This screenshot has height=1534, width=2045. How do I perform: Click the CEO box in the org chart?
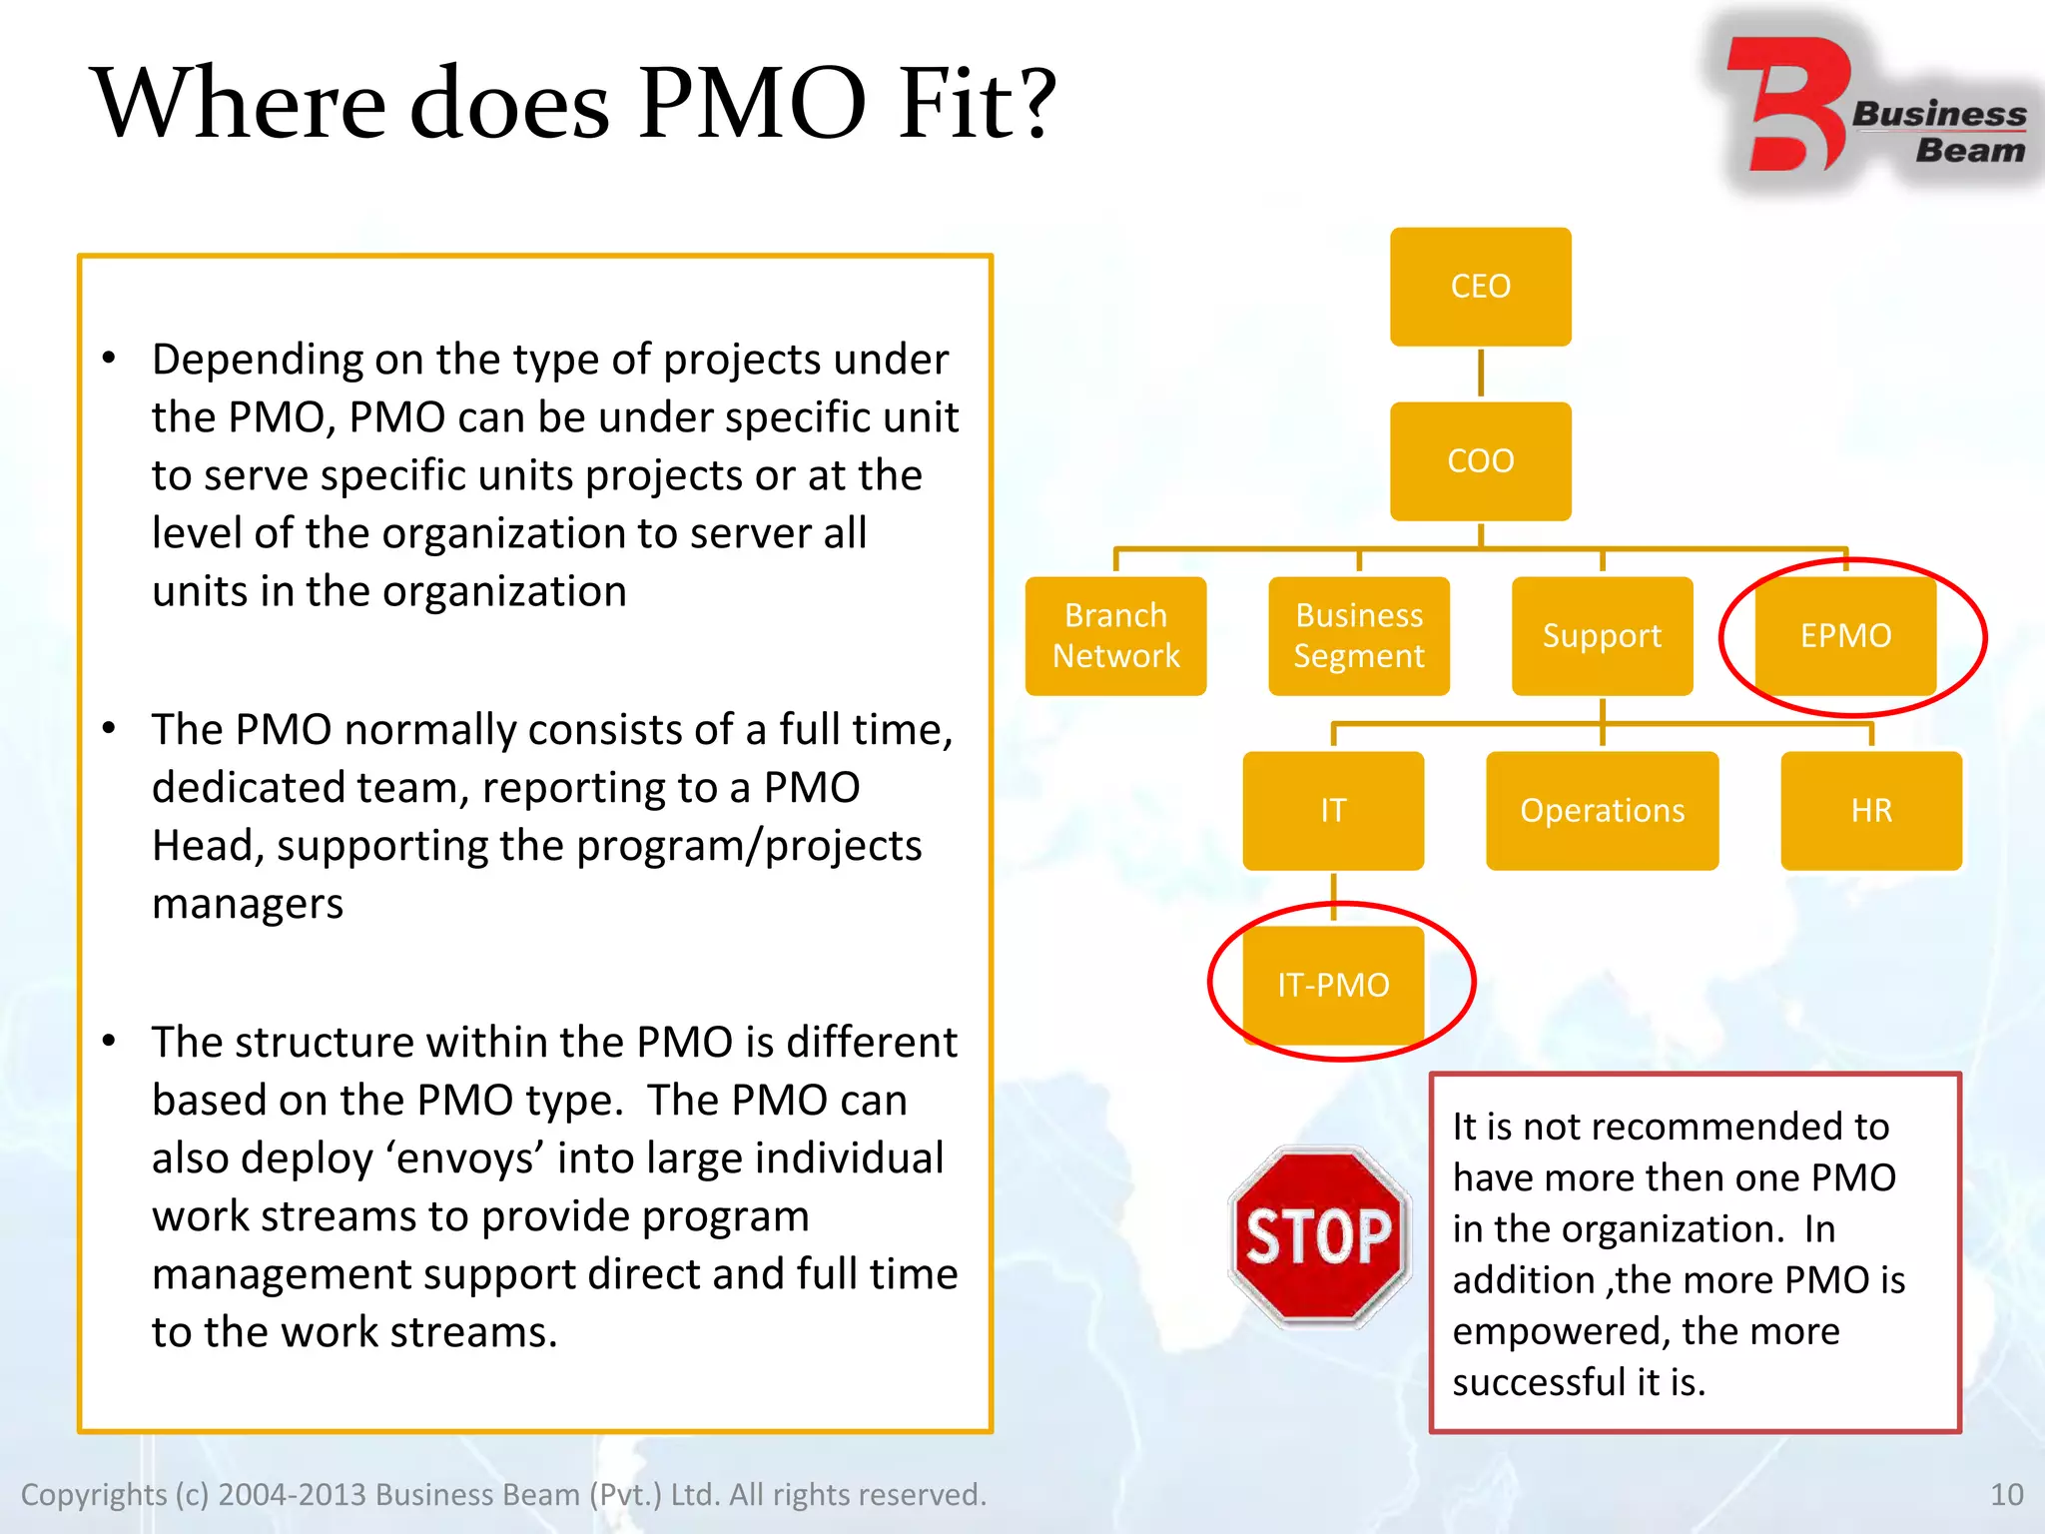pyautogui.click(x=1480, y=287)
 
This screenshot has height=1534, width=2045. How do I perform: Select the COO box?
pyautogui.click(x=1480, y=461)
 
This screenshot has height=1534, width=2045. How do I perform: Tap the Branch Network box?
pyautogui.click(x=1115, y=636)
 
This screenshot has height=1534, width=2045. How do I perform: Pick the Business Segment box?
pyautogui.click(x=1358, y=636)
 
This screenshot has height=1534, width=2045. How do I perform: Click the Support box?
pyautogui.click(x=1602, y=636)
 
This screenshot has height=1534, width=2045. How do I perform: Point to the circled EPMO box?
pyautogui.click(x=1845, y=636)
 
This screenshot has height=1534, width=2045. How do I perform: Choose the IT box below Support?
pyautogui.click(x=1333, y=811)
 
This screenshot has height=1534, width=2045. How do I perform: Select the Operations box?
pyautogui.click(x=1602, y=811)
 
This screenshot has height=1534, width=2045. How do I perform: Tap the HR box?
pyautogui.click(x=1871, y=811)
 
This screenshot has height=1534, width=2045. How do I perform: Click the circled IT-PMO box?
pyautogui.click(x=1333, y=986)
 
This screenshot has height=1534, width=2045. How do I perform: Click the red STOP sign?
pyautogui.click(x=1319, y=1236)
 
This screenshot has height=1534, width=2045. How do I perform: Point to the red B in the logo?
pyautogui.click(x=1787, y=105)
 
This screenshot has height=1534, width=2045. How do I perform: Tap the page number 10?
pyautogui.click(x=2006, y=1494)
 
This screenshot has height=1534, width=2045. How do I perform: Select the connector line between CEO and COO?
pyautogui.click(x=1480, y=374)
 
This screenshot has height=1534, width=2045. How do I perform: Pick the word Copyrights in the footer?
pyautogui.click(x=94, y=1495)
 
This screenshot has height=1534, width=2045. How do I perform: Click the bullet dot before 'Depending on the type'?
pyautogui.click(x=109, y=358)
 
